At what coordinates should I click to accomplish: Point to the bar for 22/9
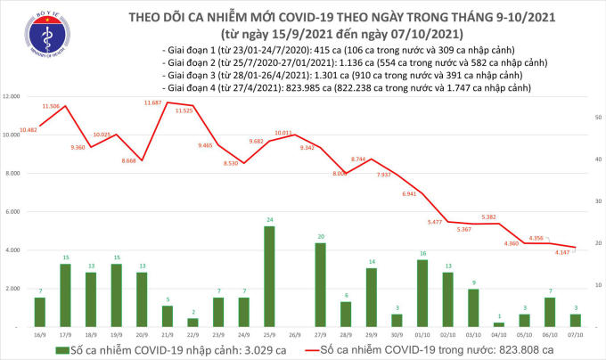(192, 323)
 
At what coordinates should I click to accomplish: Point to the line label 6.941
(411, 193)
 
